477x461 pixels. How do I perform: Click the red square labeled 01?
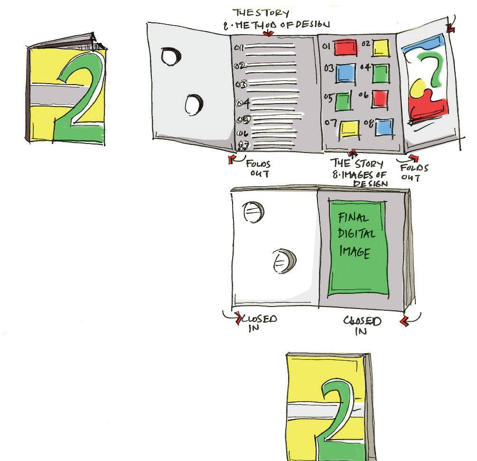[x=346, y=47]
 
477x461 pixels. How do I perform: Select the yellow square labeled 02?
[x=380, y=48]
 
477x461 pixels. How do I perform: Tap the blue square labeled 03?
[x=346, y=74]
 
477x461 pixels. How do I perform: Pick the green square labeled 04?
[x=380, y=73]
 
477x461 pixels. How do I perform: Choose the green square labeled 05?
[x=344, y=101]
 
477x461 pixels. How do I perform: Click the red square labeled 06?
[x=380, y=98]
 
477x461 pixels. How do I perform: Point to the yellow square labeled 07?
[x=349, y=128]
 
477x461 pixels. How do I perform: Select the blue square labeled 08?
[x=384, y=127]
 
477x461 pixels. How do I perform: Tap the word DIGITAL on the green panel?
[x=357, y=234]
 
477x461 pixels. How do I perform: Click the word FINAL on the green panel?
[x=353, y=218]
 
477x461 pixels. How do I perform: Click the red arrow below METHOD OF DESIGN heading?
[x=269, y=33]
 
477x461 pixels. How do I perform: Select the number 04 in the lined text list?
[x=243, y=102]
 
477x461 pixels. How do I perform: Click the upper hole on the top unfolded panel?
[x=171, y=57]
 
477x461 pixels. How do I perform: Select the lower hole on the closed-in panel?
[x=284, y=261]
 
